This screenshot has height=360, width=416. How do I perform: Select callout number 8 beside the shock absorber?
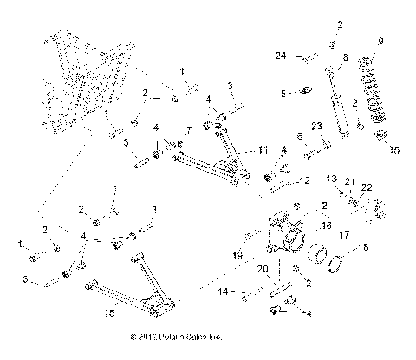coord(345,58)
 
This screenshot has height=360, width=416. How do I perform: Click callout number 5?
coord(283,92)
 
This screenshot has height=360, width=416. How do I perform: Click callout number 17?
coord(344,234)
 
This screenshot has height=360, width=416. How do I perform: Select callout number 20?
coord(261,269)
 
